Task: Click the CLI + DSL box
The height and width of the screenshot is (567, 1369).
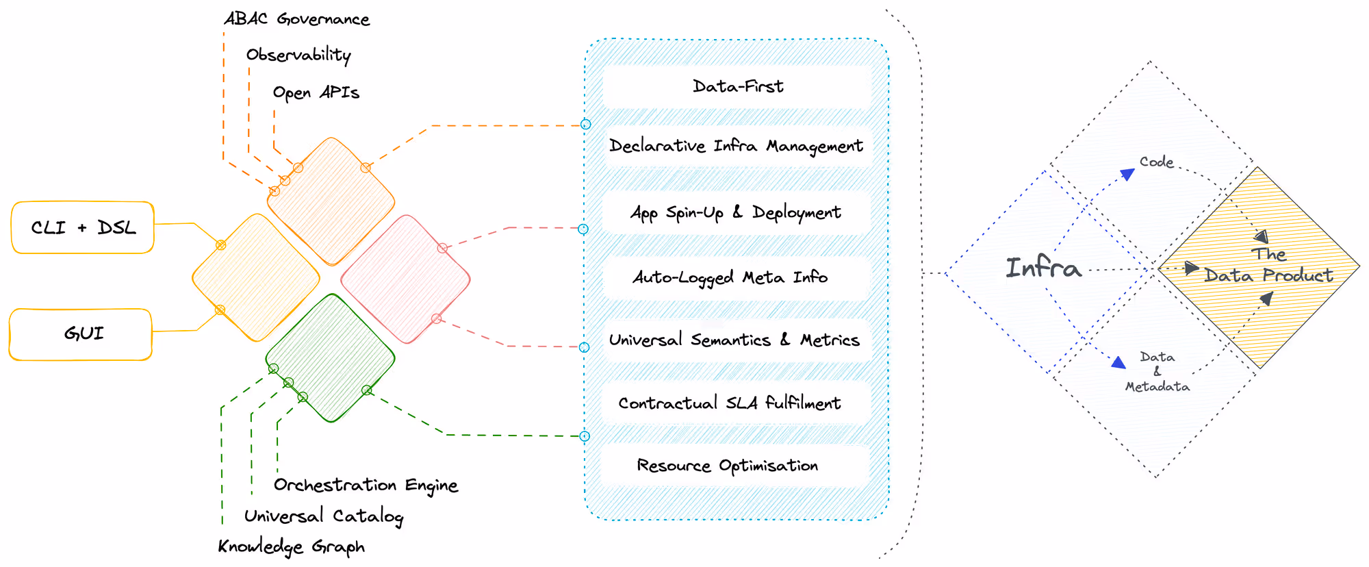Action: (83, 227)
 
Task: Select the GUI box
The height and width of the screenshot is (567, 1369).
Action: (81, 334)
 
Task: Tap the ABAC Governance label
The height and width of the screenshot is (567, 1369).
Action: (296, 19)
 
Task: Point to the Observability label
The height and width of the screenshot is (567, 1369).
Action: (298, 55)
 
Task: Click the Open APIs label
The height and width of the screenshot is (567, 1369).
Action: (316, 92)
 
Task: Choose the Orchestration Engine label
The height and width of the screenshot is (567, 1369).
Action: (366, 485)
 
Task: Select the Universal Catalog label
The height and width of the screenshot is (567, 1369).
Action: (324, 516)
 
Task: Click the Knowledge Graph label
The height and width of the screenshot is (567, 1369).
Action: (291, 546)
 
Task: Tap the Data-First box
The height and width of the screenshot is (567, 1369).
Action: (737, 86)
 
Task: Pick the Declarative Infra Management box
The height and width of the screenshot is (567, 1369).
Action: (736, 146)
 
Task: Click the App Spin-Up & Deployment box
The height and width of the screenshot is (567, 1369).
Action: (736, 212)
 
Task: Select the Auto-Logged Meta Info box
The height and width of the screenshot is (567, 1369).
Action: (730, 277)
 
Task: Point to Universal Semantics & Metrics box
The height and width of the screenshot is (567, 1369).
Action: (734, 340)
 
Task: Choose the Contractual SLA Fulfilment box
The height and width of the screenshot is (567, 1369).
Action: (730, 403)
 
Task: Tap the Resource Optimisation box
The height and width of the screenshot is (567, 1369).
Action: (727, 466)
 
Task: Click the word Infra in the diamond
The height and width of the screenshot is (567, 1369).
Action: (1043, 267)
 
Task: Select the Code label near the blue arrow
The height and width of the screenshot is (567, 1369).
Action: (1156, 162)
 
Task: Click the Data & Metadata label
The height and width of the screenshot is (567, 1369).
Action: (1157, 372)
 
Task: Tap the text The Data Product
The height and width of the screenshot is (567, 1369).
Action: (1268, 266)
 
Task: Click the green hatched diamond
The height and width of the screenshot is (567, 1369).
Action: (331, 357)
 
